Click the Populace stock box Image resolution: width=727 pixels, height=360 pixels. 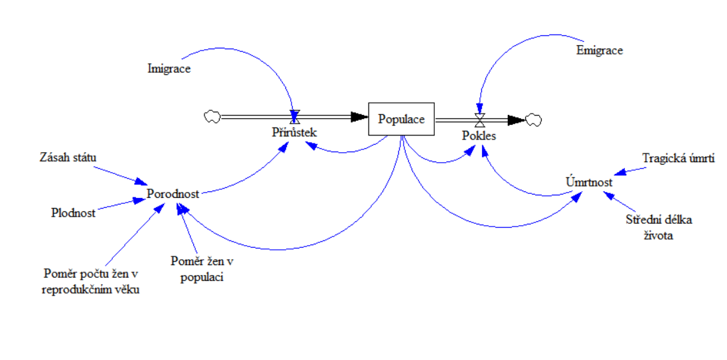click(401, 120)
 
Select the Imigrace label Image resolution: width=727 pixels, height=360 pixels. click(169, 68)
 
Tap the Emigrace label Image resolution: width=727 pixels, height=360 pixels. click(600, 50)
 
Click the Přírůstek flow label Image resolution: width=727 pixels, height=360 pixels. click(293, 132)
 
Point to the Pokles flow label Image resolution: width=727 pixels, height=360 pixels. click(479, 135)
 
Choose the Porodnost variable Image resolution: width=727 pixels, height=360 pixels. click(174, 193)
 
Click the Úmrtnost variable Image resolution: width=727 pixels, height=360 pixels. click(590, 182)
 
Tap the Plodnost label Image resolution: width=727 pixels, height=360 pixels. click(73, 213)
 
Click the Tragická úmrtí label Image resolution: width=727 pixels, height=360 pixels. click(678, 158)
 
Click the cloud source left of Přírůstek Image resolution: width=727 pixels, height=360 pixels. click(212, 117)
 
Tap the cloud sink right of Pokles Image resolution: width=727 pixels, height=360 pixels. click(533, 120)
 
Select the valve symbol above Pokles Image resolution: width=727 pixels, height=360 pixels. click(479, 120)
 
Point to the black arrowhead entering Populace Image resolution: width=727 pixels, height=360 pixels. click(359, 118)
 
